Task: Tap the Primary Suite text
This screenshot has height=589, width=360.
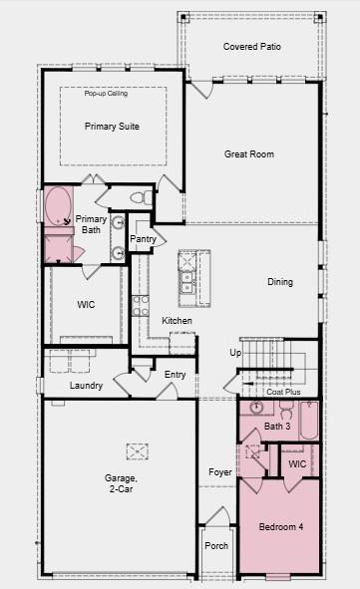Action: [112, 127]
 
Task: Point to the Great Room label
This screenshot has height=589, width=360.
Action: [248, 154]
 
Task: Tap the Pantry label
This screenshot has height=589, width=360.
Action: [143, 239]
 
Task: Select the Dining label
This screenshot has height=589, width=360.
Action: [280, 282]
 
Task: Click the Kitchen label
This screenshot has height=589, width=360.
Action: [177, 320]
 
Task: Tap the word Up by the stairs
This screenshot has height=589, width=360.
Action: [235, 353]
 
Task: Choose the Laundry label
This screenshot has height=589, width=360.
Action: [86, 386]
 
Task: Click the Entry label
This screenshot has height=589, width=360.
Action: [176, 375]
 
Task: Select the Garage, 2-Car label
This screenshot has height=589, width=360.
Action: [122, 484]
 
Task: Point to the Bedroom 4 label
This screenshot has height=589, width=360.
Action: [280, 525]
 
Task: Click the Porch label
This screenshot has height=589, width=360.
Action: [216, 546]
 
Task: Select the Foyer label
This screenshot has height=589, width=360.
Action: [219, 471]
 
